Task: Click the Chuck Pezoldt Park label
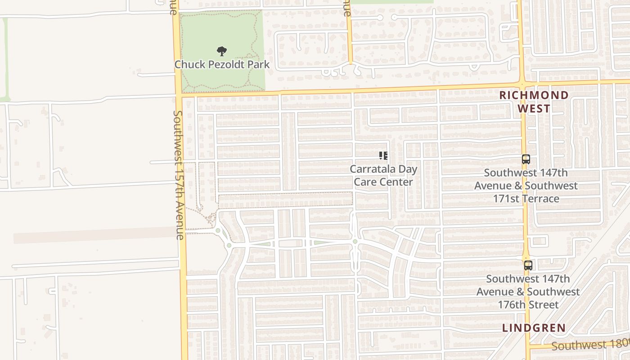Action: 222,64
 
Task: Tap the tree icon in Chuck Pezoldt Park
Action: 221,51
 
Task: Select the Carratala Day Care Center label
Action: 383,175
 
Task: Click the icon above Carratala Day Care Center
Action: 383,156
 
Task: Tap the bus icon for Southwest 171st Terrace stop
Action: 526,159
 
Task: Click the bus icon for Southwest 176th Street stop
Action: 528,265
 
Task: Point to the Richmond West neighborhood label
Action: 534,102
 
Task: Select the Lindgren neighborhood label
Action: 534,328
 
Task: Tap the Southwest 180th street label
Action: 589,345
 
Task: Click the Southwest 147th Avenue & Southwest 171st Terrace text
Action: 526,185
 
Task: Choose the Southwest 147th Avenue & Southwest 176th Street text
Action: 528,292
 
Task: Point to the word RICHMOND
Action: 534,95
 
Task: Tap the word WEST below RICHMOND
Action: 534,108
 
